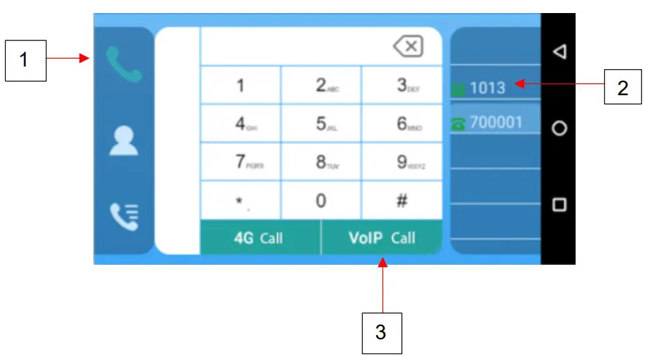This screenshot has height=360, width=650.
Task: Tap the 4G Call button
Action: point(259,238)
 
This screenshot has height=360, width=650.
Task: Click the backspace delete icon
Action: point(408,46)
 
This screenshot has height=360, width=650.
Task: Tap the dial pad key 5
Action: point(321,124)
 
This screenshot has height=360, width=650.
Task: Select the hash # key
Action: point(402,200)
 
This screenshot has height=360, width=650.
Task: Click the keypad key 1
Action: point(240,85)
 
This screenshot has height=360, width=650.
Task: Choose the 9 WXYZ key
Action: point(402,162)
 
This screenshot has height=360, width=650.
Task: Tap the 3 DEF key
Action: point(402,85)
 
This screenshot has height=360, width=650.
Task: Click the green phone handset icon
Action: point(124,64)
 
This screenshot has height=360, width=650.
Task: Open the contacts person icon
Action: point(124,140)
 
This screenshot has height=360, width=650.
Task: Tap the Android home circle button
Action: point(559,128)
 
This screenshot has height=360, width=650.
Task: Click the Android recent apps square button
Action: point(559,205)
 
